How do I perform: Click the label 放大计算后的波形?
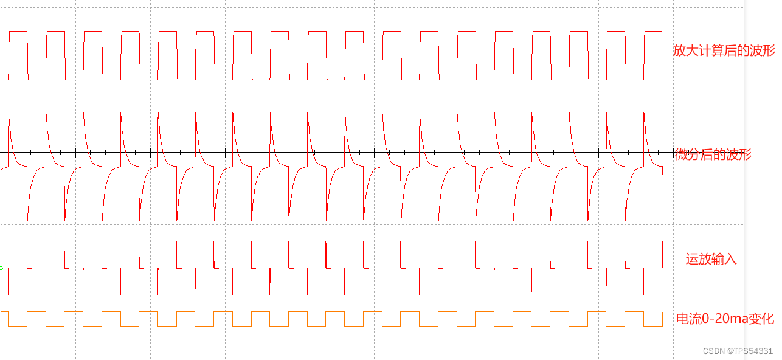(x=724, y=50)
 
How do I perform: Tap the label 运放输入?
(x=711, y=259)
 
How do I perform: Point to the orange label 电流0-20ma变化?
(x=725, y=319)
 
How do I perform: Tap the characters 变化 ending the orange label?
(x=763, y=319)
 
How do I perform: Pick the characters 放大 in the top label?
(x=685, y=50)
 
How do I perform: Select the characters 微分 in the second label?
(x=688, y=154)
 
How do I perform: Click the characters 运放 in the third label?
(x=698, y=259)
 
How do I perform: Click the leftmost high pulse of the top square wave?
(x=18, y=32)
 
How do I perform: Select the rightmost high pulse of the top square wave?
(x=653, y=32)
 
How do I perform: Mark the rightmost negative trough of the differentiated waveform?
(x=626, y=220)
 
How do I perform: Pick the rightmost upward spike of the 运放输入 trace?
(x=662, y=243)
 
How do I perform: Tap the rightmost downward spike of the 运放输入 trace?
(x=644, y=293)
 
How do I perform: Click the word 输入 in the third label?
(x=724, y=259)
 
